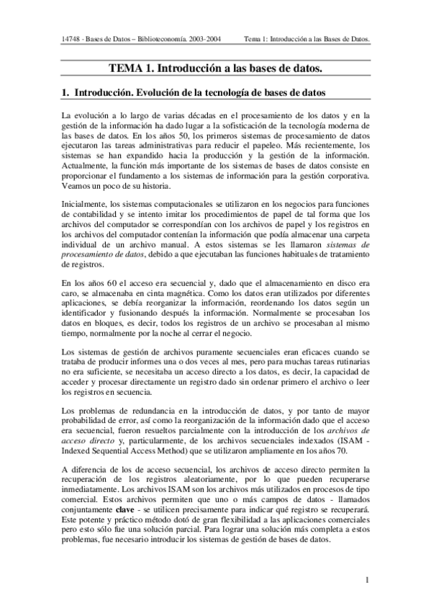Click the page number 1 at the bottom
tap(367, 579)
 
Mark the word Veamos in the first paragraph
tap(77, 184)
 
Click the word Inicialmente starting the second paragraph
tap(85, 204)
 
